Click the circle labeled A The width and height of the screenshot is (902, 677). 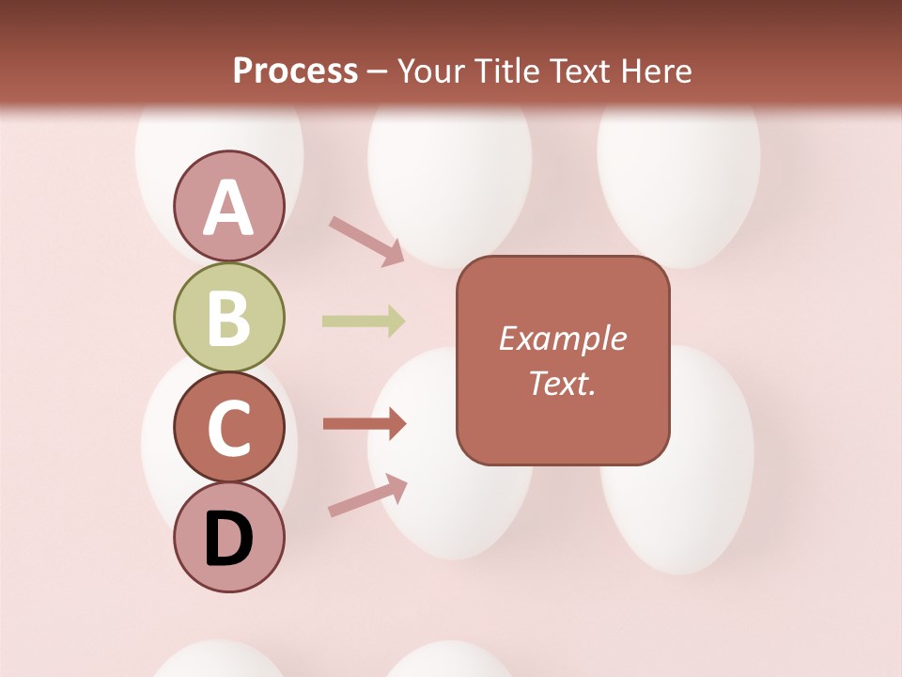(229, 207)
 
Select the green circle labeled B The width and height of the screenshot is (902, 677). (229, 318)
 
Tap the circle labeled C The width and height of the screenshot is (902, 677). (229, 428)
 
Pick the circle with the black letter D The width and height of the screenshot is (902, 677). (229, 538)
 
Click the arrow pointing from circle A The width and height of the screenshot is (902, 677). (366, 239)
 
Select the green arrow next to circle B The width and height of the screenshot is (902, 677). (364, 322)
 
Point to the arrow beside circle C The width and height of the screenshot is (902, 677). (365, 424)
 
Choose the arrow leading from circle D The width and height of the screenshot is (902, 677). (367, 496)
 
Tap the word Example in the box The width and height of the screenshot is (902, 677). (563, 338)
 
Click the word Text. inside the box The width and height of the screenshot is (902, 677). (563, 383)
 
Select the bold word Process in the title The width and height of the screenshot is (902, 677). (295, 71)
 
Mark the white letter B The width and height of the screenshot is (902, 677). (229, 318)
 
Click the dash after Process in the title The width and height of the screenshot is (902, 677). (378, 71)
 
